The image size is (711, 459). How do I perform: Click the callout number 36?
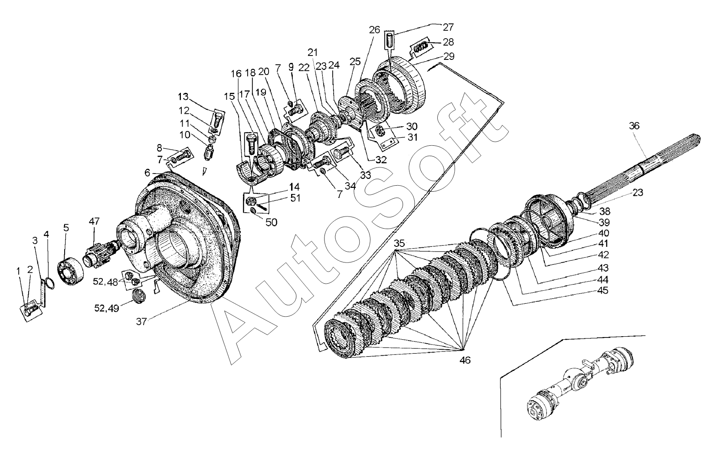pos(634,126)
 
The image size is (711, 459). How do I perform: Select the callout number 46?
pos(464,360)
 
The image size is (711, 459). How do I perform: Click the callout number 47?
pos(94,222)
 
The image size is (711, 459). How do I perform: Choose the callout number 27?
pos(448,27)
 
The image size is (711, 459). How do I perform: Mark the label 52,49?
pos(106,308)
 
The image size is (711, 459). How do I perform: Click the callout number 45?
pos(603,290)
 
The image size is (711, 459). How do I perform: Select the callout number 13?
pos(183,96)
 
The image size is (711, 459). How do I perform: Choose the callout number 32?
pos(380,159)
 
